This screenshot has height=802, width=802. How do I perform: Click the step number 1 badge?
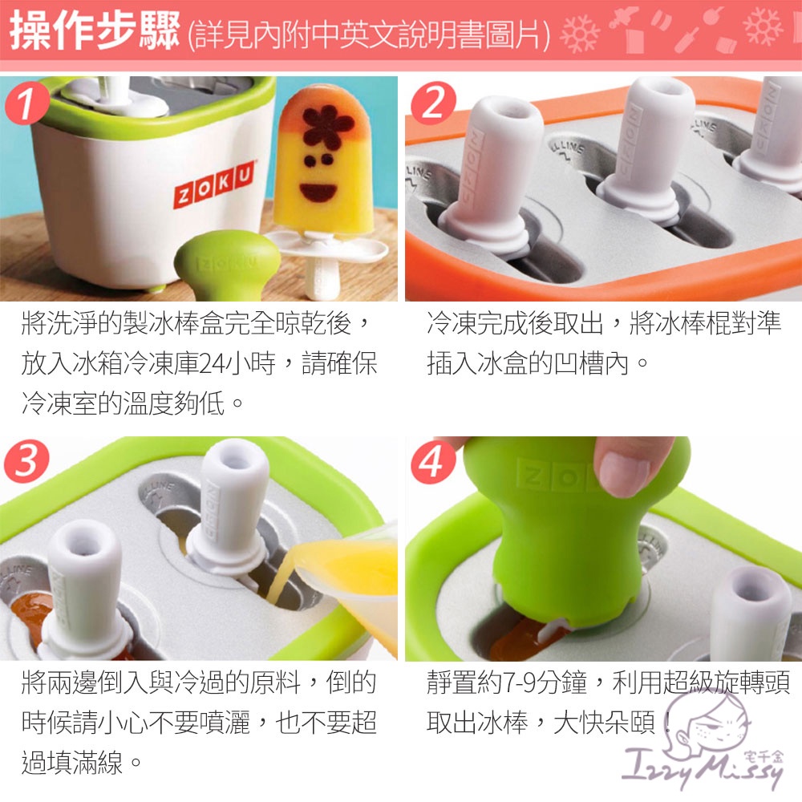(x=26, y=103)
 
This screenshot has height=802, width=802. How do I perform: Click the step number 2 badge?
(x=433, y=103)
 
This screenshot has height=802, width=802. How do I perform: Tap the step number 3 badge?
(x=26, y=460)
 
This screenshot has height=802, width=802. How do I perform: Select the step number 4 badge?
(x=433, y=462)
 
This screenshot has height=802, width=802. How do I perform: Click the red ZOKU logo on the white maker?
(x=214, y=184)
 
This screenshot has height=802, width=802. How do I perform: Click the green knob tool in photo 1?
(x=226, y=264)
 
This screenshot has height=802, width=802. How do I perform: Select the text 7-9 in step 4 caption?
(x=519, y=683)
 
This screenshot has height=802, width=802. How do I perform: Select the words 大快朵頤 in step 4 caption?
(x=605, y=723)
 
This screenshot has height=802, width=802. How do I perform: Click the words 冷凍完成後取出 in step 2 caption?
(x=515, y=323)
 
